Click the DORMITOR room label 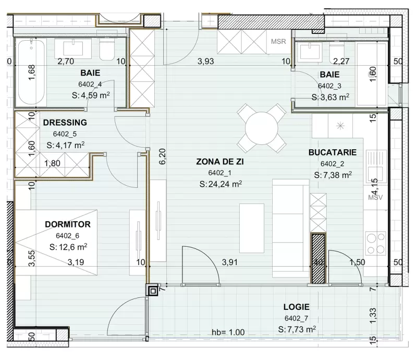[x=68, y=224]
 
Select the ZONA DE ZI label [x=220, y=162]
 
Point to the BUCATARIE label [x=333, y=153]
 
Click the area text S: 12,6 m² [x=68, y=247]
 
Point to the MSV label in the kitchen [x=375, y=198]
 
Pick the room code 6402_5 [x=66, y=134]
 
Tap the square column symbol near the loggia [x=152, y=290]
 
